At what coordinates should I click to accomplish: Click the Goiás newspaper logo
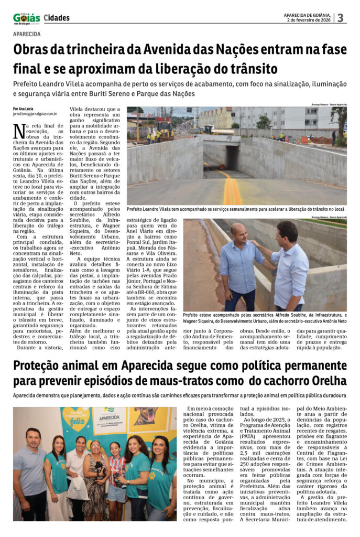click(26, 18)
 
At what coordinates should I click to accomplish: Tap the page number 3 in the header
click(340, 18)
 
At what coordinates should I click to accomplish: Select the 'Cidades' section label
click(57, 18)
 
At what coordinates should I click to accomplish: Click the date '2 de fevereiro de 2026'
click(308, 20)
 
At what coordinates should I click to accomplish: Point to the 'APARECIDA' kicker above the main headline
click(27, 34)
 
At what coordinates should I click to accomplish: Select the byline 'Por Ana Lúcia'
click(24, 109)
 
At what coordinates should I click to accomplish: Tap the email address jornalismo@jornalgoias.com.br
click(35, 113)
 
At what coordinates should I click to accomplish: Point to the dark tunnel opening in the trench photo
click(231, 157)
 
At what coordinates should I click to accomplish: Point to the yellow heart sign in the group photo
click(75, 418)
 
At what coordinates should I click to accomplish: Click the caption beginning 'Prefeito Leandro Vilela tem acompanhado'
click(235, 209)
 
